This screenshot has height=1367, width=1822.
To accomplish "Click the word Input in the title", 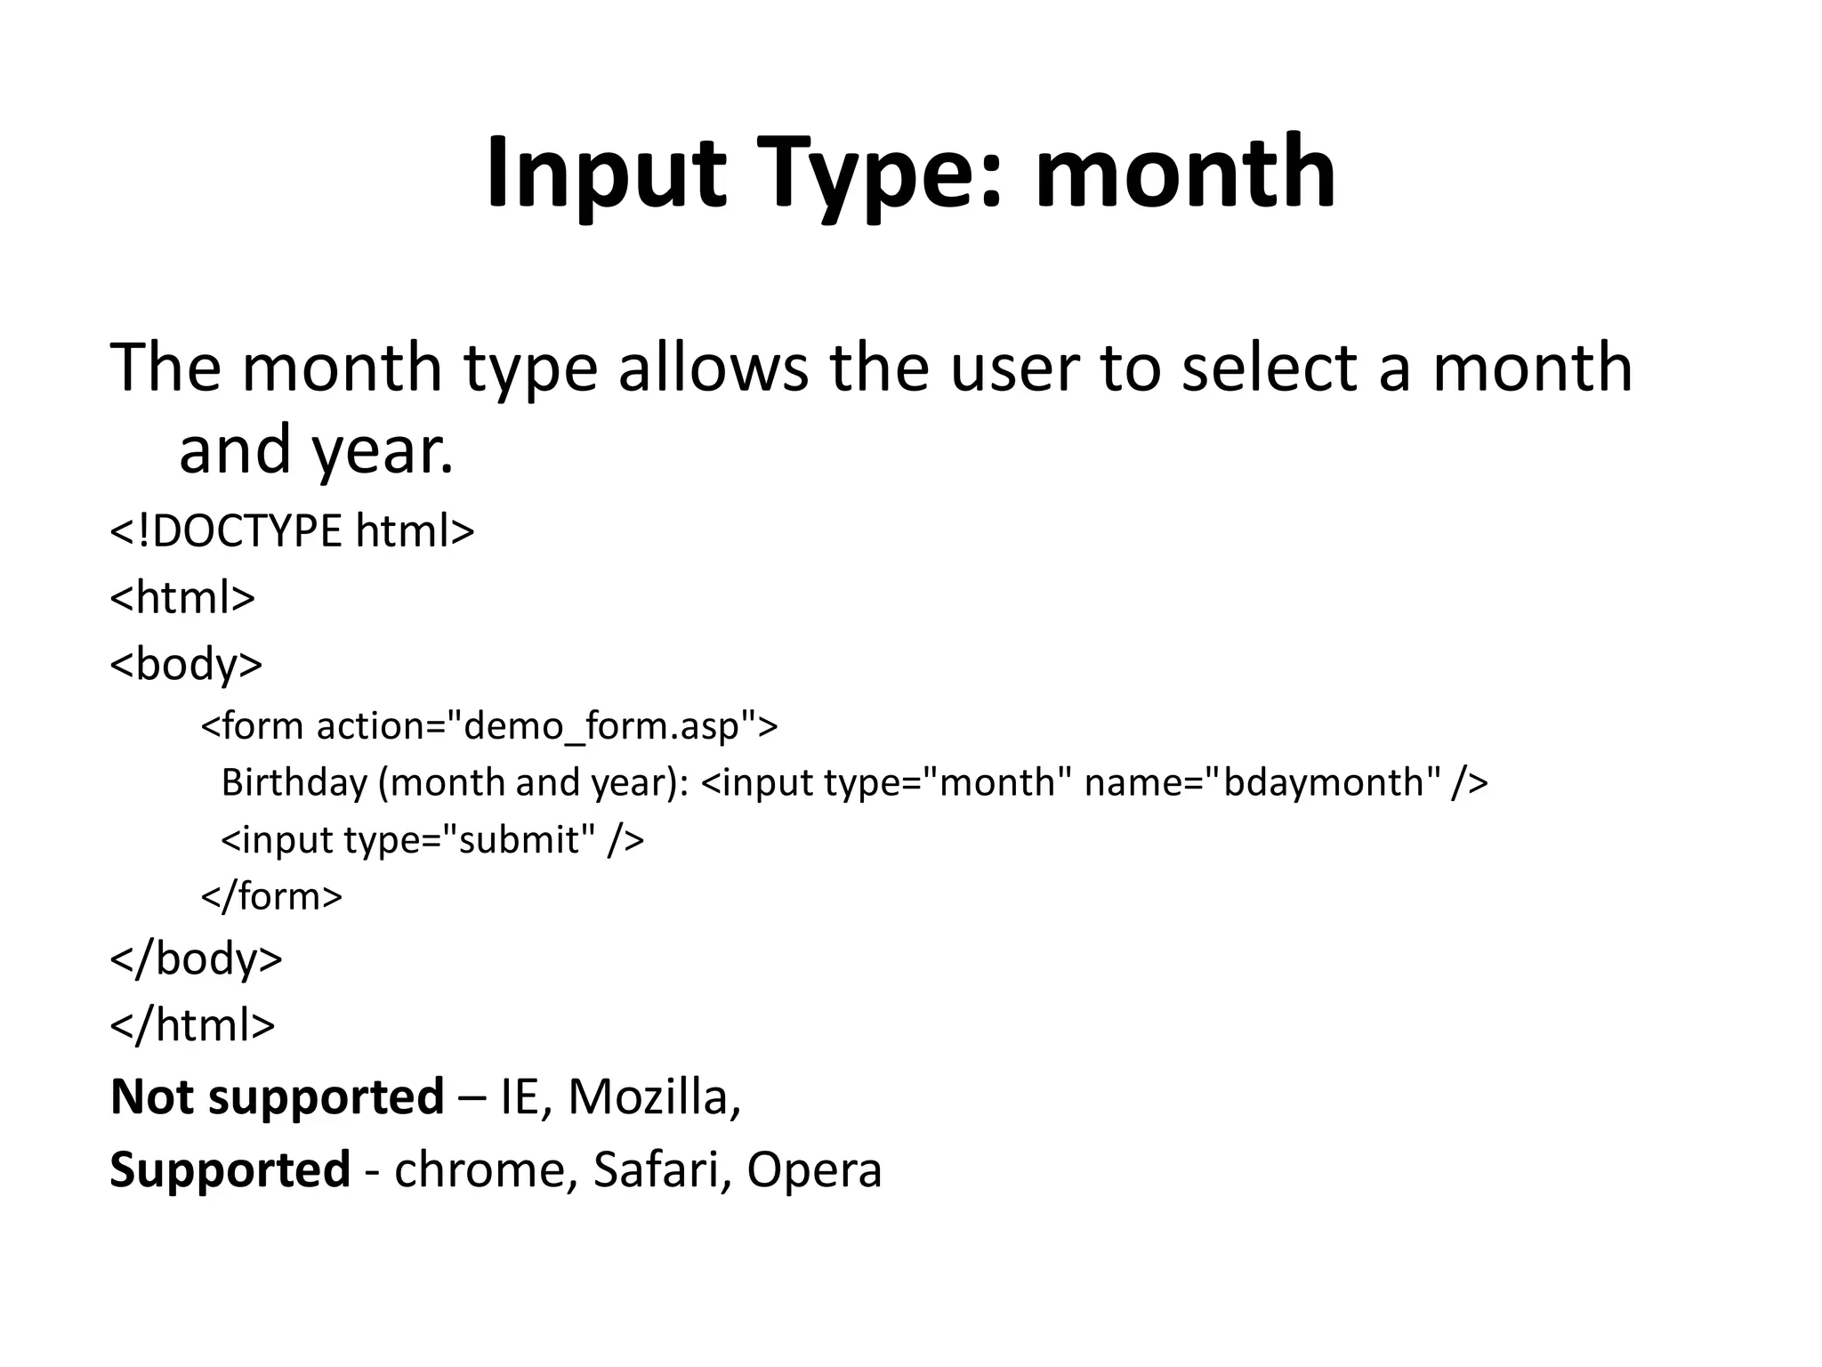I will click(x=605, y=174).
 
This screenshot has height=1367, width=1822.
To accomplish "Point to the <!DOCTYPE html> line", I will click(x=292, y=530).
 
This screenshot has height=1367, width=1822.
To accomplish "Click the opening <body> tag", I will click(x=186, y=663).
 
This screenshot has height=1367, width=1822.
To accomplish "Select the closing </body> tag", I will click(x=196, y=959).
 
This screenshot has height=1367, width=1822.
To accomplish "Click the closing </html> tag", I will click(x=192, y=1024).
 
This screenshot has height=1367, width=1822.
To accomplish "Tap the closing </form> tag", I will click(x=271, y=895).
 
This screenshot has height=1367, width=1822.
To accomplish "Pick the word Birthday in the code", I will click(x=294, y=782).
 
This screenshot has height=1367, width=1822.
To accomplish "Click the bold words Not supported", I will click(x=277, y=1096).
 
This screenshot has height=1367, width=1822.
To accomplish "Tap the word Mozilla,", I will click(x=654, y=1096).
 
